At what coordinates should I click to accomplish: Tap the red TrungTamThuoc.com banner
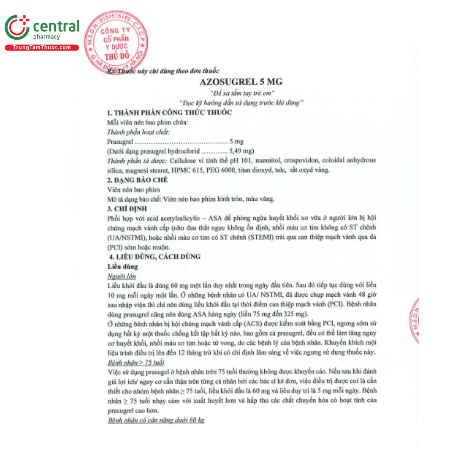point(42,48)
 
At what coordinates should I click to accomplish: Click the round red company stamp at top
point(116,43)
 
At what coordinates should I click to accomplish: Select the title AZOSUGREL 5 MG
point(241,82)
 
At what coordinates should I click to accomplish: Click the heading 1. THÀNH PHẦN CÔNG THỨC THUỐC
point(169,112)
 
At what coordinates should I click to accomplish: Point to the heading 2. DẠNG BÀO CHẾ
point(137,180)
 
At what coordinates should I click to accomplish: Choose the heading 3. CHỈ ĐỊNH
point(127,209)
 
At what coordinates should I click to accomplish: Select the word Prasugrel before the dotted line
point(120,142)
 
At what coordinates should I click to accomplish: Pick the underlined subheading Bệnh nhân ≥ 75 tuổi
point(136,362)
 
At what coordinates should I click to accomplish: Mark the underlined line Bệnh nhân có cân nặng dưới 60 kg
point(156,420)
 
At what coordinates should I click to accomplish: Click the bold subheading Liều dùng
point(123,267)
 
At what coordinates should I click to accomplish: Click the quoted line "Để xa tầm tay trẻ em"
point(242,93)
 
